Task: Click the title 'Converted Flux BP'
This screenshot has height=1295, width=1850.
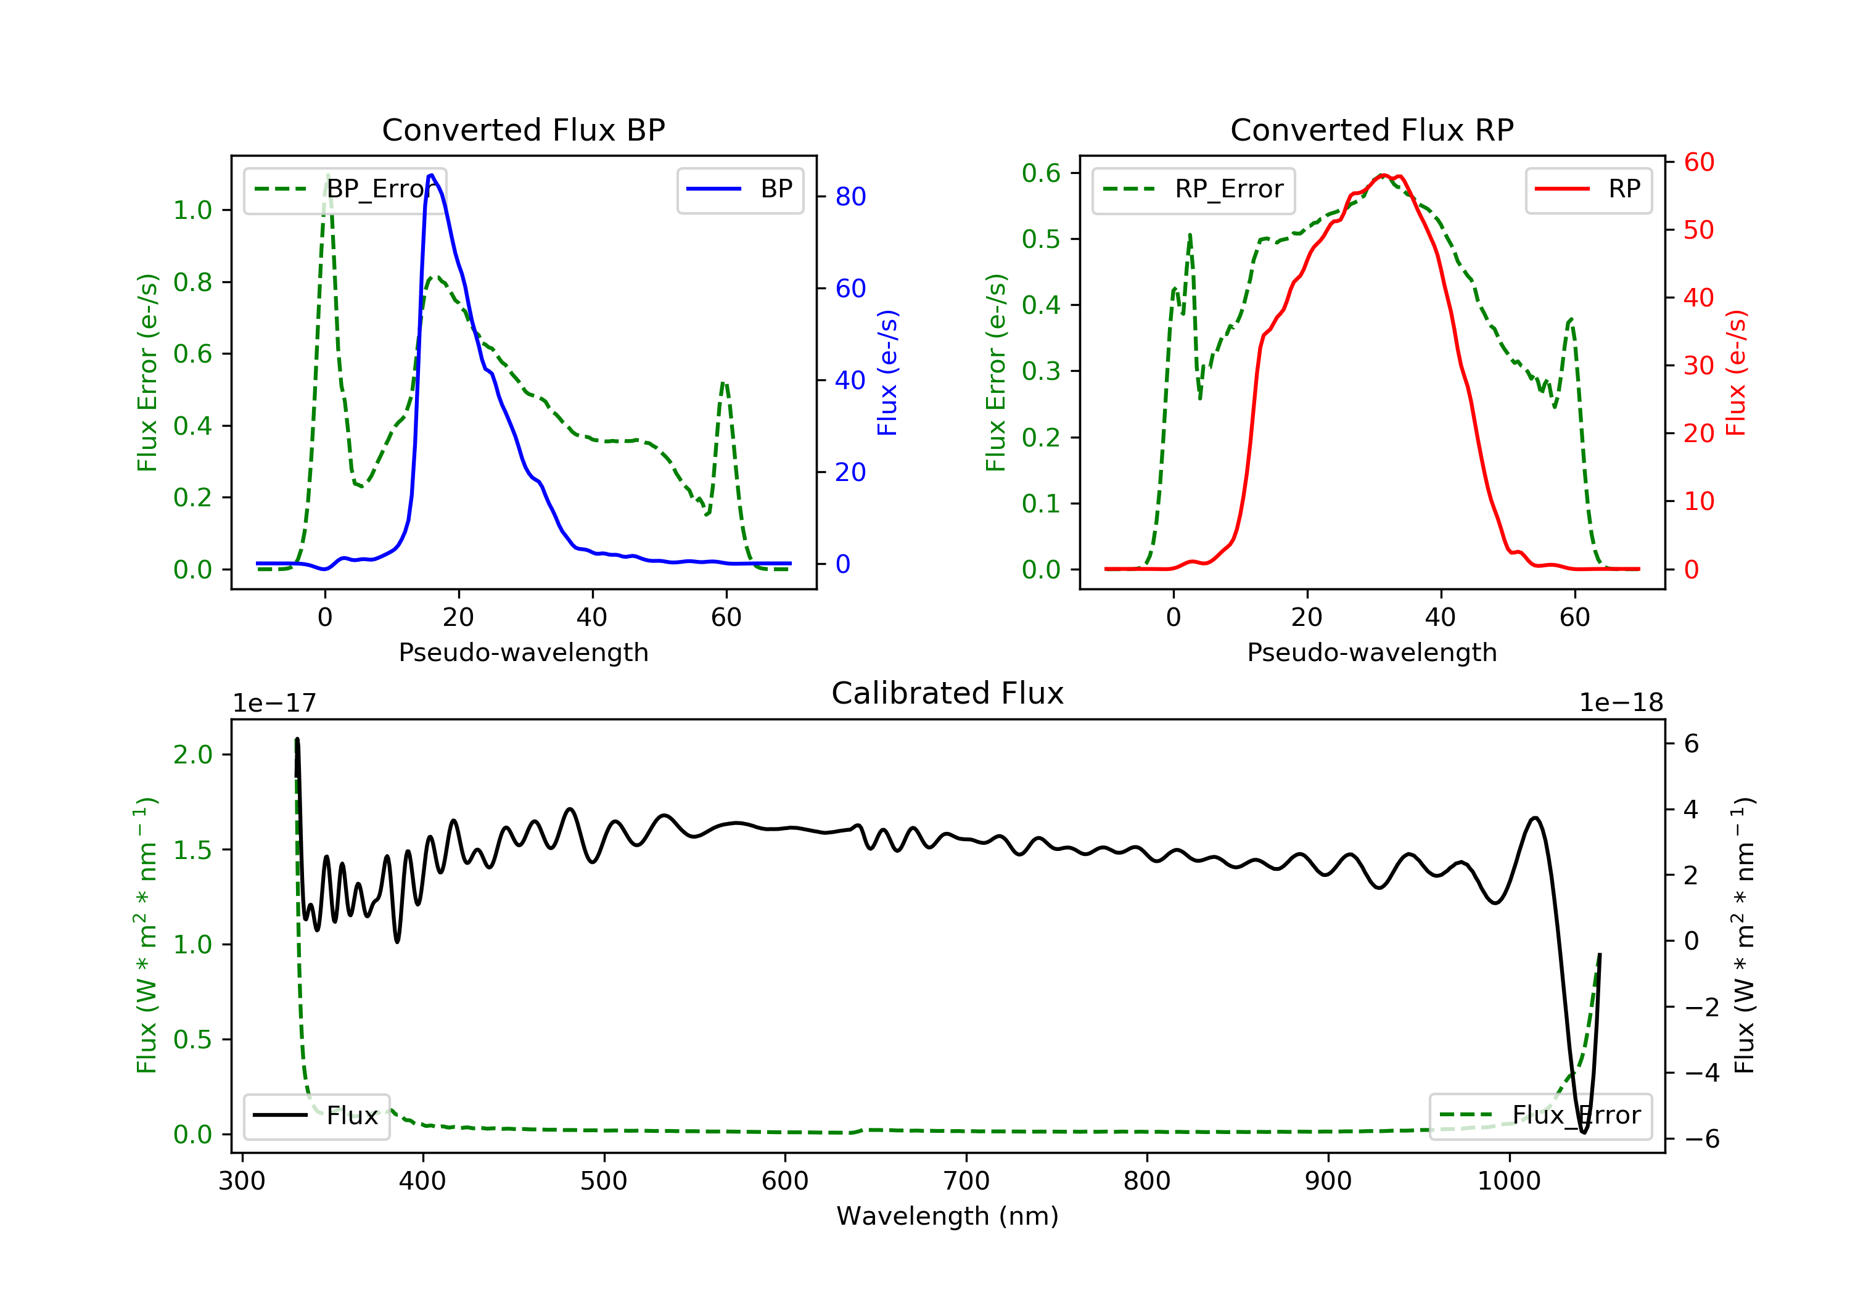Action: (x=523, y=129)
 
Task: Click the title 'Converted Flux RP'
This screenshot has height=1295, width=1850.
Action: (x=1371, y=129)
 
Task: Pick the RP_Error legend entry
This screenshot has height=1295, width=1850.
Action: (x=1193, y=189)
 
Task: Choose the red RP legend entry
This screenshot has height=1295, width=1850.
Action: (x=1588, y=189)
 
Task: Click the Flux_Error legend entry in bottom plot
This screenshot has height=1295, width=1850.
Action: (x=1540, y=1116)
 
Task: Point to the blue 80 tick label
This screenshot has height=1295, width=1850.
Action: (x=850, y=197)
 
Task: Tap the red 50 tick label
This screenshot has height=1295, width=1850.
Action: (x=1698, y=231)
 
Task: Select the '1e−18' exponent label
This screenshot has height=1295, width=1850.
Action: (x=1621, y=703)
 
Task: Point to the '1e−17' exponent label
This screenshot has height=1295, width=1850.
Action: (x=274, y=703)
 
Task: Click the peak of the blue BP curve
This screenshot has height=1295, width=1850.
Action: (x=432, y=175)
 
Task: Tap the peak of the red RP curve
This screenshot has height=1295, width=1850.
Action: (x=1383, y=175)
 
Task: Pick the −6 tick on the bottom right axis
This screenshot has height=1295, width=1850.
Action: (x=1701, y=1138)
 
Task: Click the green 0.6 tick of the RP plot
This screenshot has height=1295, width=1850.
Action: (x=1041, y=173)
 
